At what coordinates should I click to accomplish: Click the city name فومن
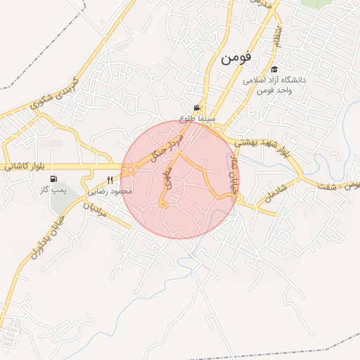pyautogui.click(x=236, y=58)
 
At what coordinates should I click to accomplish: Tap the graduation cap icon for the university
pyautogui.click(x=274, y=70)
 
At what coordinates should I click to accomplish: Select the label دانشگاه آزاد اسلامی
pyautogui.click(x=276, y=80)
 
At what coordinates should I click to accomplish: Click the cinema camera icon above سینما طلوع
pyautogui.click(x=197, y=108)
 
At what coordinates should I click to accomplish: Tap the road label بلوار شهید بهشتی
pyautogui.click(x=255, y=141)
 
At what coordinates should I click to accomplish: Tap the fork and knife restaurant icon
pyautogui.click(x=110, y=179)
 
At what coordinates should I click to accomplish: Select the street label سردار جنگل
pyautogui.click(x=167, y=143)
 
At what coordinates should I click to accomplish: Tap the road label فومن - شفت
pyautogui.click(x=335, y=184)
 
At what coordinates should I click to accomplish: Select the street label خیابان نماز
pyautogui.click(x=230, y=166)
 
